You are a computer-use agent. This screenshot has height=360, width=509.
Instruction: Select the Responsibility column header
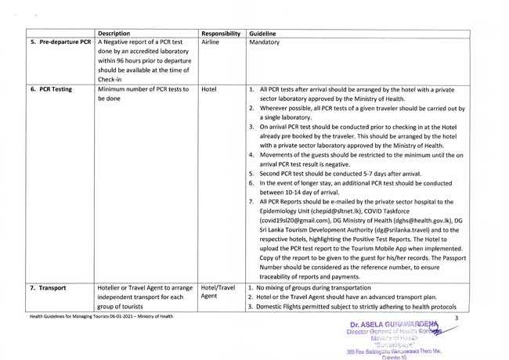coord(220,34)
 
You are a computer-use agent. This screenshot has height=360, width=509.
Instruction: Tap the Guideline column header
coord(263,34)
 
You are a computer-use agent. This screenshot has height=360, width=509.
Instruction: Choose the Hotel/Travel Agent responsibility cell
coord(218,292)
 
